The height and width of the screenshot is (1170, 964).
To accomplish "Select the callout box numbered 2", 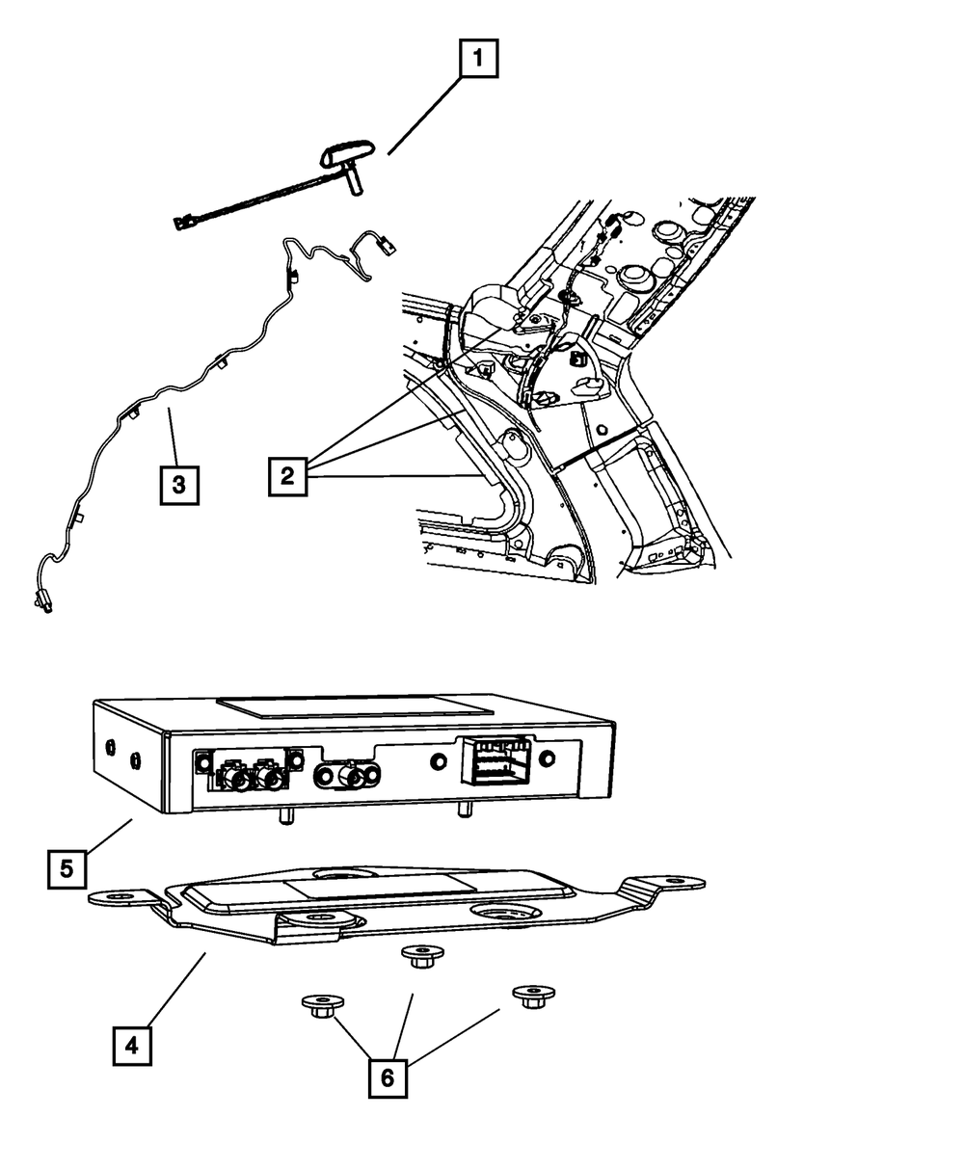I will [x=287, y=476].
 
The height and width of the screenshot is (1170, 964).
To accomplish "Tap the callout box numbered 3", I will [x=179, y=485].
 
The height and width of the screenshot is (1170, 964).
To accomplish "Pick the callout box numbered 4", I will [x=131, y=1044].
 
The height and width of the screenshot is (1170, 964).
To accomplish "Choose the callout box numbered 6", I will [x=387, y=1077].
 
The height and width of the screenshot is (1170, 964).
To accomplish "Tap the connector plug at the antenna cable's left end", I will [x=182, y=224].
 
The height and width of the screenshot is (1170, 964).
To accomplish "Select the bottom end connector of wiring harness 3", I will [x=44, y=602].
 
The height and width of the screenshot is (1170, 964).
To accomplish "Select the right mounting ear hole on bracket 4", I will [x=683, y=883].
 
